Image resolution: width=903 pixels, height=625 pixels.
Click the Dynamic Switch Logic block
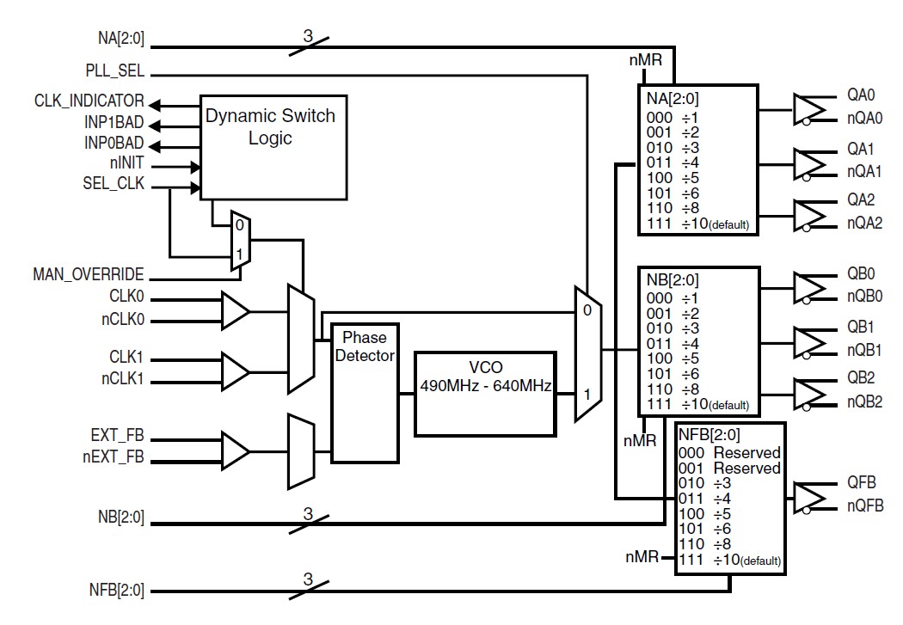[273, 147]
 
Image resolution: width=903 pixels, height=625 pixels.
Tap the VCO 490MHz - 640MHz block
[485, 393]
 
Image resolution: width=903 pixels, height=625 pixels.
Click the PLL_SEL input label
[114, 73]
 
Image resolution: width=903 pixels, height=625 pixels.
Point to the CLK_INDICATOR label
[89, 101]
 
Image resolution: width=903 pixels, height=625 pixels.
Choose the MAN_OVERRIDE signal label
[89, 275]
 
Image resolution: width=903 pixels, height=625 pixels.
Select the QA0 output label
[860, 95]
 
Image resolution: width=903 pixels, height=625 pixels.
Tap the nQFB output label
[863, 506]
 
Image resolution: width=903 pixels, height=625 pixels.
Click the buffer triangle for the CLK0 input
[235, 310]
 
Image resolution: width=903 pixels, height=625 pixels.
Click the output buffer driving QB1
[808, 341]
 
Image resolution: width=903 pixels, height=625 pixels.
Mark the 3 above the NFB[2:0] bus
[307, 579]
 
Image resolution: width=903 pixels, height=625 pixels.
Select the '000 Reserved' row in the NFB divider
[728, 453]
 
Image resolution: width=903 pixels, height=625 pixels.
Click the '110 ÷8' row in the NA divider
[665, 208]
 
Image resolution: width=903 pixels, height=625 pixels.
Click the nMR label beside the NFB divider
[642, 557]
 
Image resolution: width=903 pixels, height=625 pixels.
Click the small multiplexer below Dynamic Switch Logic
[240, 240]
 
